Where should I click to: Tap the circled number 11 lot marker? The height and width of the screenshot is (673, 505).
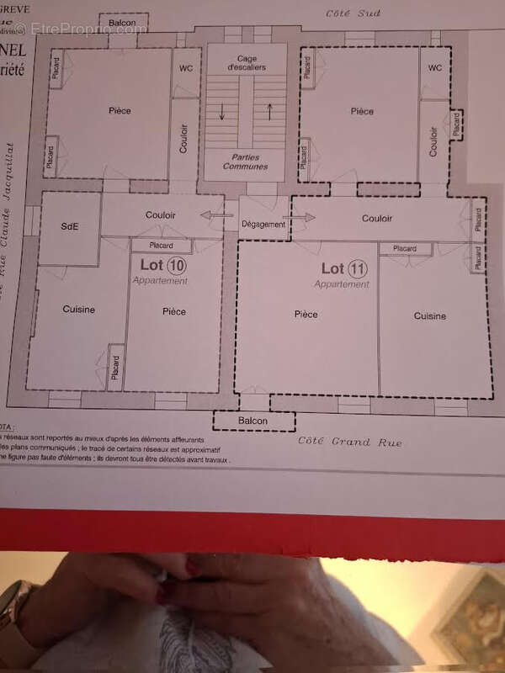pyautogui.click(x=358, y=269)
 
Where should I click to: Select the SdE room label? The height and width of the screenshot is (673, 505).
pyautogui.click(x=70, y=227)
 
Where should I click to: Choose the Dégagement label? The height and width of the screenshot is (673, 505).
pyautogui.click(x=263, y=224)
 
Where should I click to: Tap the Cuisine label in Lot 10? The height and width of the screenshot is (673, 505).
pyautogui.click(x=79, y=310)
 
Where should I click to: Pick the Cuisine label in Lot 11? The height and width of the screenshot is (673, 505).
pyautogui.click(x=429, y=316)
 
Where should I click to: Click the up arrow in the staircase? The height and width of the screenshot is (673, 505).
pyautogui.click(x=269, y=110)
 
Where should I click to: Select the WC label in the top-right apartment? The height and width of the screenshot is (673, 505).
pyautogui.click(x=435, y=69)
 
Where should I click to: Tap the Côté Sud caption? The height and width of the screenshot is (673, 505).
pyautogui.click(x=353, y=13)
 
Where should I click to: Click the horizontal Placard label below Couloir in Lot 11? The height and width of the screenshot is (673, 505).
pyautogui.click(x=405, y=249)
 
